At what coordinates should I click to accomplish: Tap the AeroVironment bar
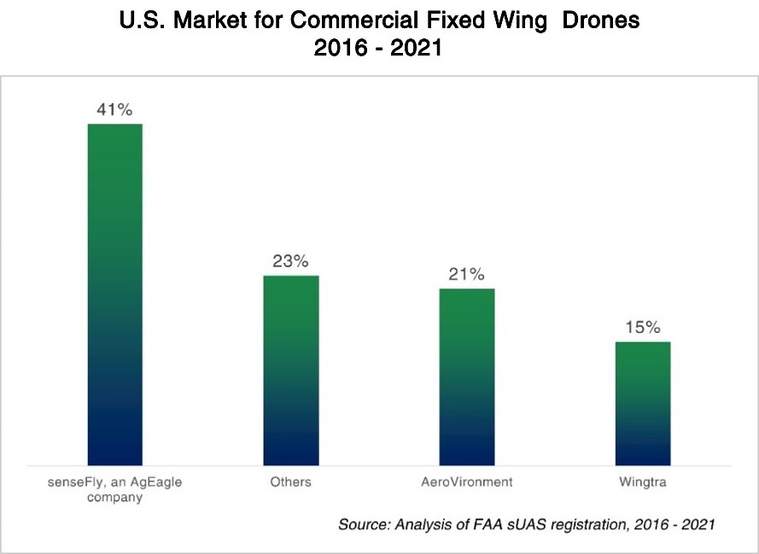466,376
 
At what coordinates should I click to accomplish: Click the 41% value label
114,110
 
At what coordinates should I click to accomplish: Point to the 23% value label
290,261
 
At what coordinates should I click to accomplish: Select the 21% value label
466,275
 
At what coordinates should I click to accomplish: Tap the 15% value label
642,328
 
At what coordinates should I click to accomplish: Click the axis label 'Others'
290,482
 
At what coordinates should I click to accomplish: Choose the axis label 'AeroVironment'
466,482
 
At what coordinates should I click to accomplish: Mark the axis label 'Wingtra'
642,482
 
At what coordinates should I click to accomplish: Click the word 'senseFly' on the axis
74,482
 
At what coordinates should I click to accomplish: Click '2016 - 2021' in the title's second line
378,49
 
